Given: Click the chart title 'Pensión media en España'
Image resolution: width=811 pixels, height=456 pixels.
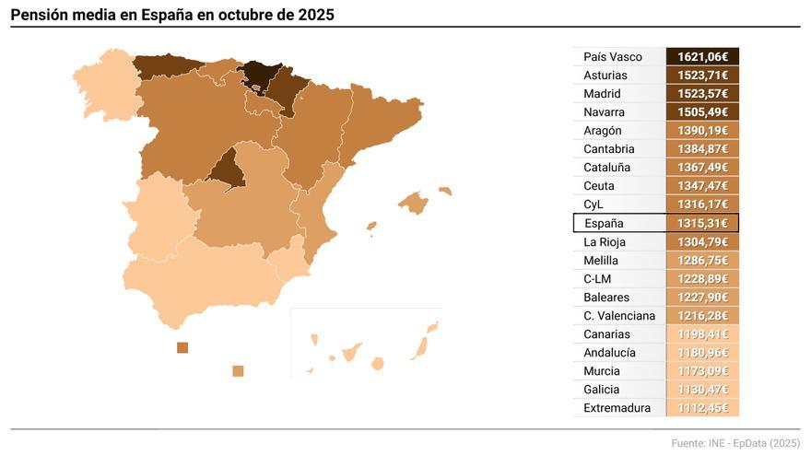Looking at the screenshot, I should (172, 14).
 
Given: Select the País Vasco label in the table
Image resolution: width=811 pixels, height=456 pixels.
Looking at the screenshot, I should (613, 57).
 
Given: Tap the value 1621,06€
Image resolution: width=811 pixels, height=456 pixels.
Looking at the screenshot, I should (702, 57).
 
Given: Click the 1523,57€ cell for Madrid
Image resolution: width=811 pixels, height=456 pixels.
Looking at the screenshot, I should (702, 94).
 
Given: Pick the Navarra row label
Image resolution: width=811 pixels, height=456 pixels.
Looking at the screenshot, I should (604, 112).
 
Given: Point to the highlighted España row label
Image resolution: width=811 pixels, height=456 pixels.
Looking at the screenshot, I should (604, 223).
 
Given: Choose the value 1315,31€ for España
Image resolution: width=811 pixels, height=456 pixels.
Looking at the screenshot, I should (702, 223).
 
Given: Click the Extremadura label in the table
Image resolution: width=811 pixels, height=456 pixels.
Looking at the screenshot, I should (617, 408).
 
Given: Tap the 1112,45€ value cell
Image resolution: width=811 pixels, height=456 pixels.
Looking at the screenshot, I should (702, 408).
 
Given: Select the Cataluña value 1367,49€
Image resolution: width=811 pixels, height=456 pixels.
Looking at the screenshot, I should (702, 168).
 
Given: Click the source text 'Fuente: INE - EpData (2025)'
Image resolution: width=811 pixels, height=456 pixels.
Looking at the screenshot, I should (735, 444).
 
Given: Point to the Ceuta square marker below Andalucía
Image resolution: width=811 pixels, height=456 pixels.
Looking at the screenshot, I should (182, 347).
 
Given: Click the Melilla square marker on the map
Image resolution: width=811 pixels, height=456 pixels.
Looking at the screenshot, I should (238, 370).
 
